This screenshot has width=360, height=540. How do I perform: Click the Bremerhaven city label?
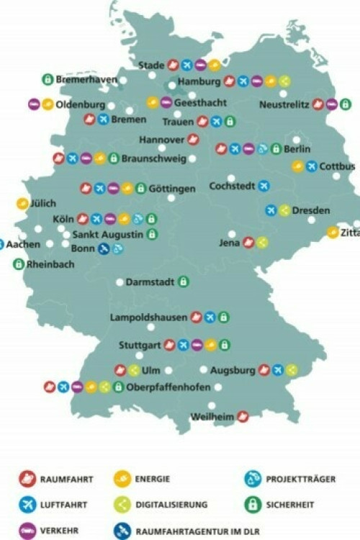[86, 79]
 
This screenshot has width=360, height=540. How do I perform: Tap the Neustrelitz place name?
[284, 104]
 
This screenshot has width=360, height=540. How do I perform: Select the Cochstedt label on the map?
[232, 186]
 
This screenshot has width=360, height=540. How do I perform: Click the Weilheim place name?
[212, 416]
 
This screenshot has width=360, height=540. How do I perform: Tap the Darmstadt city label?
[150, 282]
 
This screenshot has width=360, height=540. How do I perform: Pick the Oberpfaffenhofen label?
[168, 387]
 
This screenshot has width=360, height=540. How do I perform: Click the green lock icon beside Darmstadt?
[183, 282]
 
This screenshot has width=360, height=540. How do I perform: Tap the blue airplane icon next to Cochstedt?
[264, 186]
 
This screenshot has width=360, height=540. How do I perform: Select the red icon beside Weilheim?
[243, 416]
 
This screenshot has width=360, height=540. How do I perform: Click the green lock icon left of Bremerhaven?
[48, 79]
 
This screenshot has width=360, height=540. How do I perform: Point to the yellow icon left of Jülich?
[22, 204]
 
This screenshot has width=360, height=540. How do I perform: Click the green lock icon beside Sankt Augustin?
[152, 234]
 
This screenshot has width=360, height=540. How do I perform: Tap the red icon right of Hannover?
[193, 140]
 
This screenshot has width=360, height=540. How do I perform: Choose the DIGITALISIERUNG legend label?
[171, 505]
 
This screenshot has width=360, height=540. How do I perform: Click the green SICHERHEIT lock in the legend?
[252, 505]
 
